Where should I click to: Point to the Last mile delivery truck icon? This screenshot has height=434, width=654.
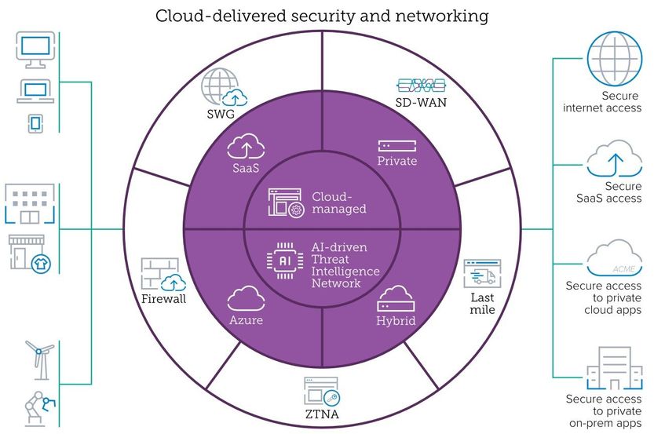point(481,275)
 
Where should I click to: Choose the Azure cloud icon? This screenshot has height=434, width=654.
point(246,298)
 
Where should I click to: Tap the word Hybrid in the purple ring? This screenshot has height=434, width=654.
point(395,320)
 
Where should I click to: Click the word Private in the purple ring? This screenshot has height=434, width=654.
point(397,162)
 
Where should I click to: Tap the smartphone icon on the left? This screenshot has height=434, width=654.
point(35,122)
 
